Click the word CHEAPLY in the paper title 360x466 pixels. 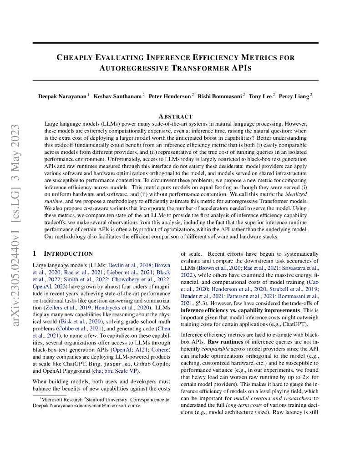pyautogui.click(x=76, y=57)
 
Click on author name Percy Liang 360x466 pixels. pyautogui.click(x=294, y=96)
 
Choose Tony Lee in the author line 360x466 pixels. pyautogui.click(x=260, y=96)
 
